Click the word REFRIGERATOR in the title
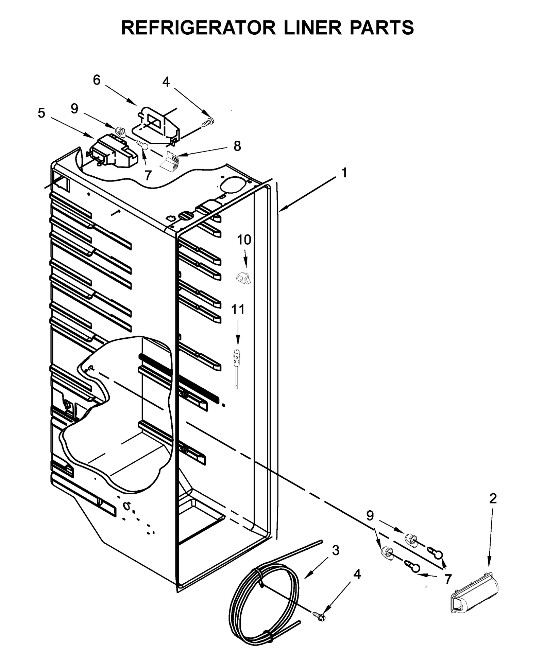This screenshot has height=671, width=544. (x=198, y=28)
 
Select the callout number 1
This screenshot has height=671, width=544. (x=344, y=173)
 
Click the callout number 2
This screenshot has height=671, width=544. (x=493, y=499)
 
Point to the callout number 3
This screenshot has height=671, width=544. (x=335, y=550)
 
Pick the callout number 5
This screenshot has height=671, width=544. (x=41, y=113)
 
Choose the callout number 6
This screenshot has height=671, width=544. (x=97, y=80)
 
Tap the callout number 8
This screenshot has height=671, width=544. (x=237, y=146)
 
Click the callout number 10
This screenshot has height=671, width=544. (x=244, y=240)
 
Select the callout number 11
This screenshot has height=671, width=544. (x=238, y=310)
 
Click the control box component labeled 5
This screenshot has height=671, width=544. (x=113, y=151)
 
